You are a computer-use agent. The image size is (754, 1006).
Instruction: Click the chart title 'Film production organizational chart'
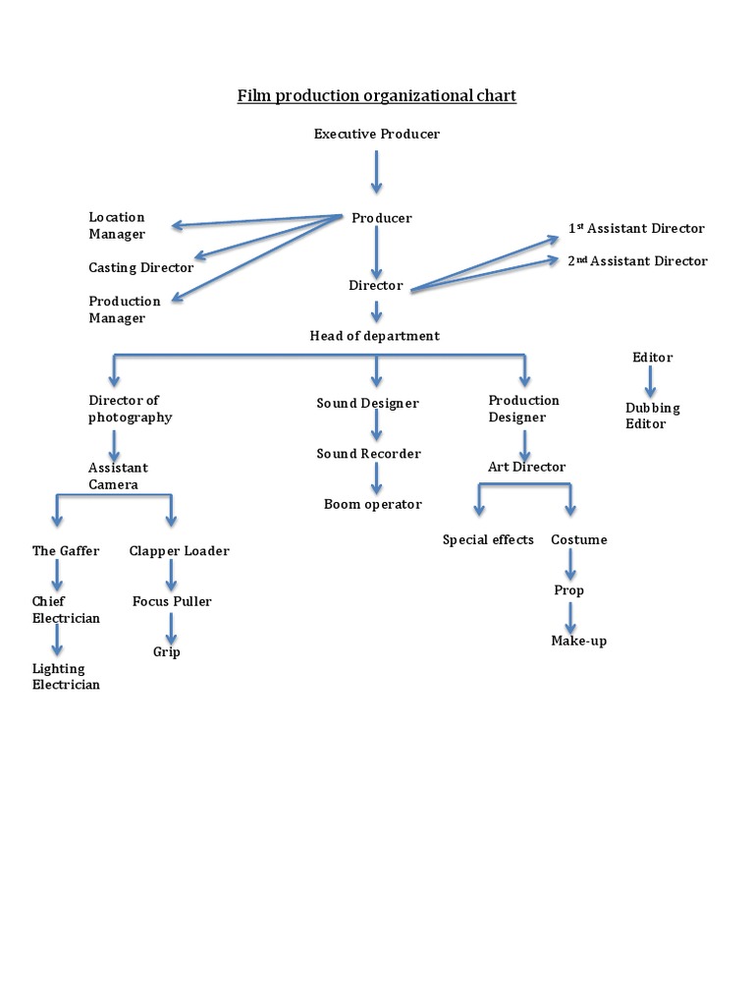(376, 96)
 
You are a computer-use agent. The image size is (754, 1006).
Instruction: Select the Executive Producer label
(376, 134)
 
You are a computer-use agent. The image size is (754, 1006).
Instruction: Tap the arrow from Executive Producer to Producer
(376, 172)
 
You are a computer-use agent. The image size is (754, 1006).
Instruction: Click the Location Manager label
(117, 225)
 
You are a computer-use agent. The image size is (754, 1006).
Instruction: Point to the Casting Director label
(140, 267)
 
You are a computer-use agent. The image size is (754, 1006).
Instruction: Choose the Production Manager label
(125, 309)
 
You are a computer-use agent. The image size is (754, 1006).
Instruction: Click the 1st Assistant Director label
(636, 228)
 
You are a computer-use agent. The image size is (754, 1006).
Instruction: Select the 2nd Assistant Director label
(637, 261)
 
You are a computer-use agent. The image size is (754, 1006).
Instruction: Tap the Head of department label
(375, 336)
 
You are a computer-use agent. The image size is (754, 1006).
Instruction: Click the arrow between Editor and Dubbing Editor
(651, 382)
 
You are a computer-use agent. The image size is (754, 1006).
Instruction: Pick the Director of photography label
(130, 409)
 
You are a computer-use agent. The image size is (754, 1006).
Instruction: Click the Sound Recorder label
(368, 454)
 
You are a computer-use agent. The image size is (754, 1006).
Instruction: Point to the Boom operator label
(372, 504)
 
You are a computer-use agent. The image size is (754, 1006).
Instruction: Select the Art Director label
(526, 467)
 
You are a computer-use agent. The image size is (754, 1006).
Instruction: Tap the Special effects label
(488, 539)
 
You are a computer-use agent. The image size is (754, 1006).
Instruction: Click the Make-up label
(578, 641)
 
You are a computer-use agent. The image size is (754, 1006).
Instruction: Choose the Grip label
(166, 651)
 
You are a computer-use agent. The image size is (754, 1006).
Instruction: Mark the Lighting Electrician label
(66, 677)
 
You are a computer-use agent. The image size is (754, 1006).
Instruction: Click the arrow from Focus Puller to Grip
(172, 627)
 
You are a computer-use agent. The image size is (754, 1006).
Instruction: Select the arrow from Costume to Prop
(571, 565)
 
